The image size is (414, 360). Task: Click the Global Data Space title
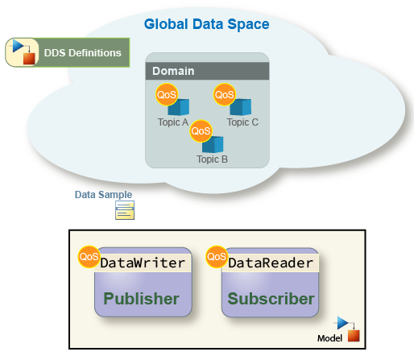tap(206, 25)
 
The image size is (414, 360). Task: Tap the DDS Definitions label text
tap(83, 53)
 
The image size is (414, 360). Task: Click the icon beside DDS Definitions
tap(22, 52)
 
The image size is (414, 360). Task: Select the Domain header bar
tap(207, 71)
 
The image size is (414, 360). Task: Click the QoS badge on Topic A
tap(167, 94)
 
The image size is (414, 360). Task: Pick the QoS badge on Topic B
tap(201, 131)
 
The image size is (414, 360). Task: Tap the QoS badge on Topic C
tap(225, 94)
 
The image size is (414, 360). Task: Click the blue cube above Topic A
tap(179, 107)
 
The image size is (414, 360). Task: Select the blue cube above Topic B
tap(213, 144)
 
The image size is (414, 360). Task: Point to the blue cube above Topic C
tap(241, 107)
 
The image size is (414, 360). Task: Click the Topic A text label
tap(173, 122)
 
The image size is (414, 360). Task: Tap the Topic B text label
tap(212, 159)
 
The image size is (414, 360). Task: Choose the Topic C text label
tap(242, 122)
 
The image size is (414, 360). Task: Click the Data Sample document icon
tap(125, 210)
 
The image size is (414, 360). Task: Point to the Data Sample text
tap(103, 195)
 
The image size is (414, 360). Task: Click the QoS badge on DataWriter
tap(89, 257)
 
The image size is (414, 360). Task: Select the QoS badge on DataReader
tap(217, 257)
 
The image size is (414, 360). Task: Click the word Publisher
tap(141, 299)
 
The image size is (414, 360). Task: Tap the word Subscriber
tap(271, 299)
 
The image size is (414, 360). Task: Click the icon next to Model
tap(348, 329)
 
